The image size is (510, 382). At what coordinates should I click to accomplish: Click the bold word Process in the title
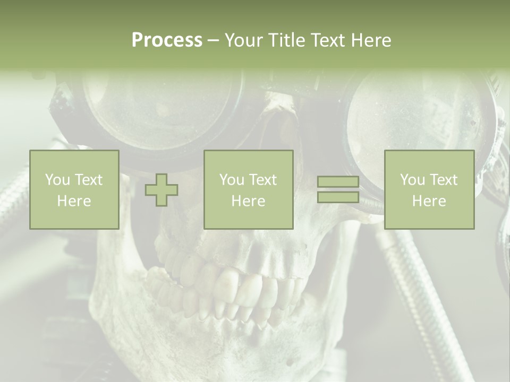[x=167, y=40]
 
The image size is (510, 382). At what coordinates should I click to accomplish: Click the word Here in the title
[x=370, y=40]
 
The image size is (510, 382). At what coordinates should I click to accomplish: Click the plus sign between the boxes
[x=161, y=190]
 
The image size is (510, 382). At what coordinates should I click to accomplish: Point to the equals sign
[x=338, y=190]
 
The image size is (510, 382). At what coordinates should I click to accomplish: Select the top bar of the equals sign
[x=338, y=183]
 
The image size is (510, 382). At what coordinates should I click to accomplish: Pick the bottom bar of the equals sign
[x=338, y=197]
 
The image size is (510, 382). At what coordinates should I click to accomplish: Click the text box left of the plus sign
[x=74, y=190]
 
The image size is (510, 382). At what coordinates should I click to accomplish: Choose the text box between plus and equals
[x=248, y=190]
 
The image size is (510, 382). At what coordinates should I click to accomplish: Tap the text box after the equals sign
[x=429, y=190]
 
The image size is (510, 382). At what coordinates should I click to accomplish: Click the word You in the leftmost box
[x=56, y=180]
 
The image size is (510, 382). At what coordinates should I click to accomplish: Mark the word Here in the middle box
[x=248, y=201]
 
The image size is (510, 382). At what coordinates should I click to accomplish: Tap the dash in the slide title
[x=213, y=40]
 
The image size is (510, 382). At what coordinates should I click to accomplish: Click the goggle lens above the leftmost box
[x=159, y=111]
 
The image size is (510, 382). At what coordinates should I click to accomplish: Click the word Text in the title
[x=328, y=40]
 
